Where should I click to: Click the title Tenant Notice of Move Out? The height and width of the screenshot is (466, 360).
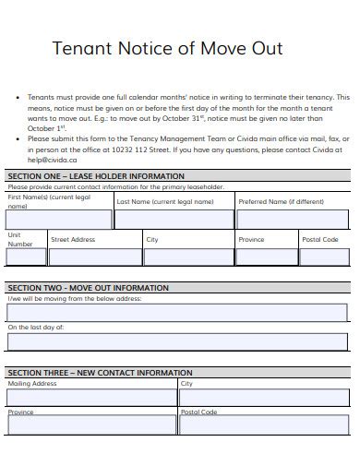(167, 48)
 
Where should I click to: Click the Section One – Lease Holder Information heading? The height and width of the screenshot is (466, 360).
(95, 175)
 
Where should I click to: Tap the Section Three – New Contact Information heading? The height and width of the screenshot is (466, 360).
(100, 373)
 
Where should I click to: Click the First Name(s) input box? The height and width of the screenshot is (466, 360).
(59, 220)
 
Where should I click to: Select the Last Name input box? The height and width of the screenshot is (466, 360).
(174, 220)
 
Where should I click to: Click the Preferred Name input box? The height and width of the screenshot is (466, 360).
(293, 220)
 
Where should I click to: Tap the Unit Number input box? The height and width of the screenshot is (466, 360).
(25, 257)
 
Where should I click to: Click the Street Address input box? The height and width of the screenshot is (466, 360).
(95, 257)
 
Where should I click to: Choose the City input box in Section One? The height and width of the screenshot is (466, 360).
(188, 257)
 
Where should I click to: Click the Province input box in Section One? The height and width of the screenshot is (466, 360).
(267, 257)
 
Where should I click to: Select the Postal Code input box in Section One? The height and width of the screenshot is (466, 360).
(324, 257)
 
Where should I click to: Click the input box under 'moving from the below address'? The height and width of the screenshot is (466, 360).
(177, 313)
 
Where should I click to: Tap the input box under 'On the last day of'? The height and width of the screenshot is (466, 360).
(177, 341)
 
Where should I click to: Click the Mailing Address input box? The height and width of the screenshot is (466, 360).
(91, 397)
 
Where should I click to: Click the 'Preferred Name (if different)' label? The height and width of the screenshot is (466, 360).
(282, 201)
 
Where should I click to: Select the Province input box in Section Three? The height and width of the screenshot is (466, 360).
(91, 425)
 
